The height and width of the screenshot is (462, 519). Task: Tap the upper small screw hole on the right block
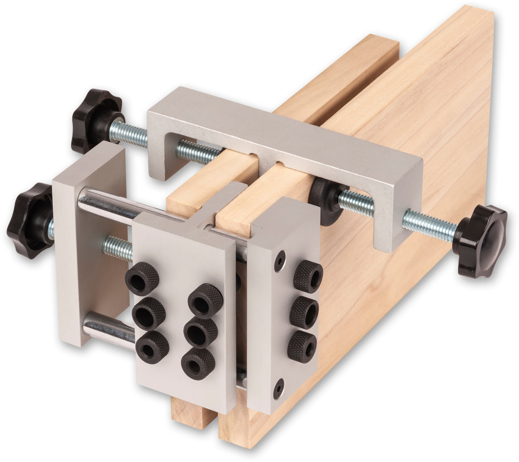pos(280,261)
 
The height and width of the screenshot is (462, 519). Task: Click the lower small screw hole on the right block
pos(278,388)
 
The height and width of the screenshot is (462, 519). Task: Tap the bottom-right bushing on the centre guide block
pos(198,363)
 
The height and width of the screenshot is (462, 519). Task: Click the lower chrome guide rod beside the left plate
pos(107,329)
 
